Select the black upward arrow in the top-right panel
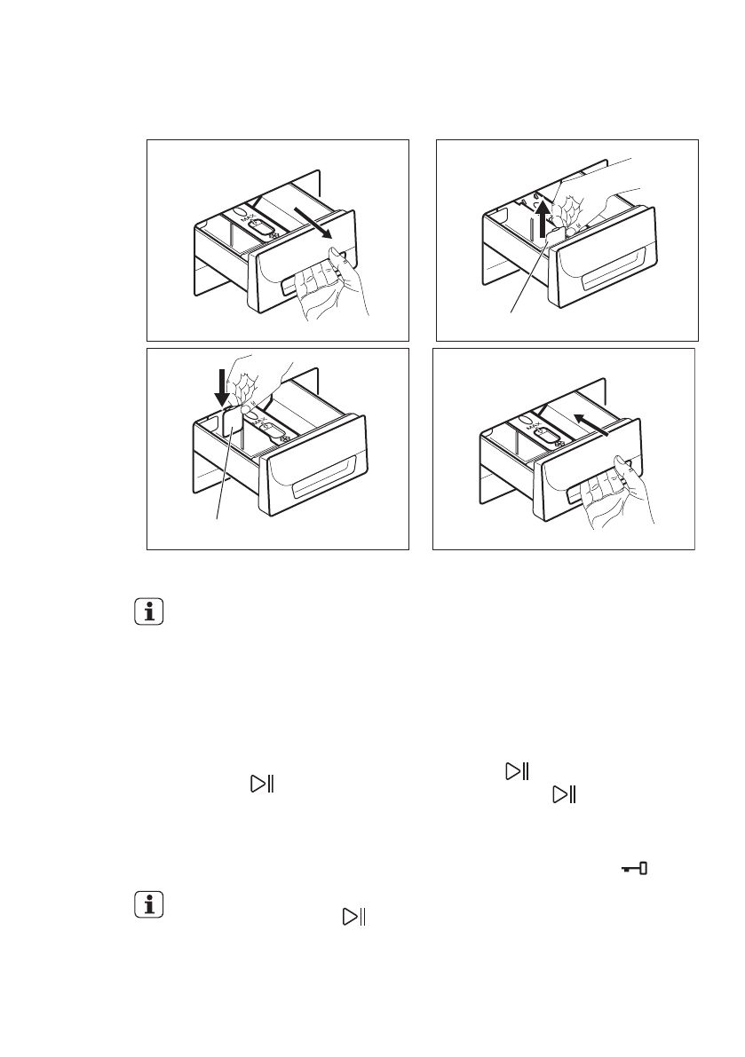542,219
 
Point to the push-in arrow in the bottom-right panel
593,425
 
